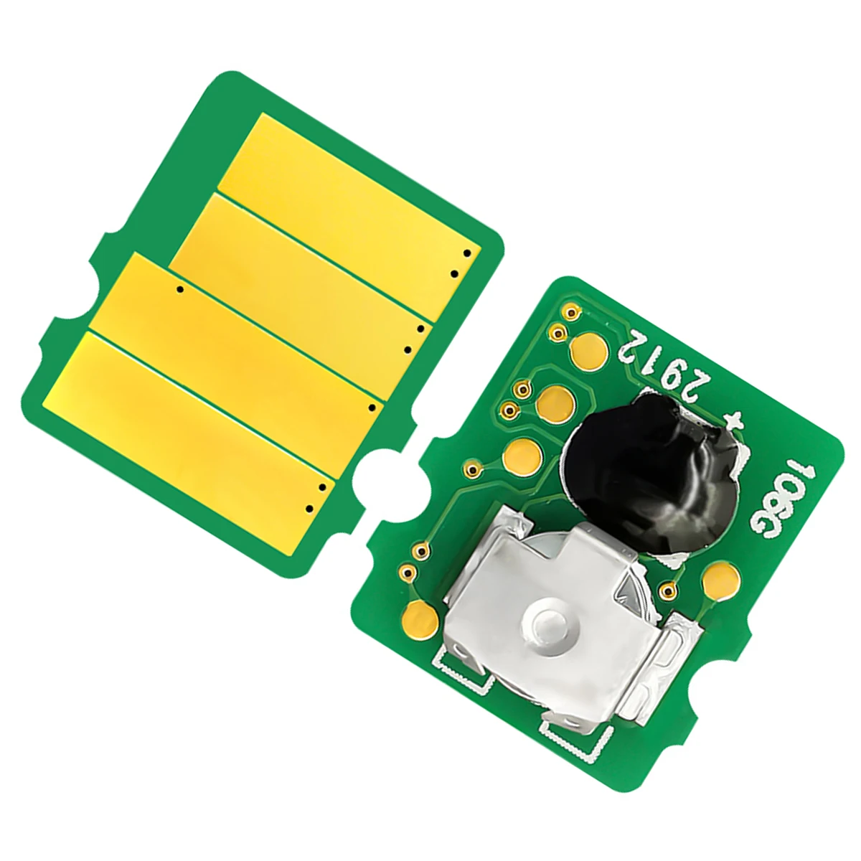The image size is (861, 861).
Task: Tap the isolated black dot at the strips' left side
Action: (180, 289)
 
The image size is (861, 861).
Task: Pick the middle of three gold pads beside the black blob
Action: (555, 397)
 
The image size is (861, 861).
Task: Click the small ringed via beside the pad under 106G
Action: (669, 591)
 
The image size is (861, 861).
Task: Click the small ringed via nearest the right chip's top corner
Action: (571, 313)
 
